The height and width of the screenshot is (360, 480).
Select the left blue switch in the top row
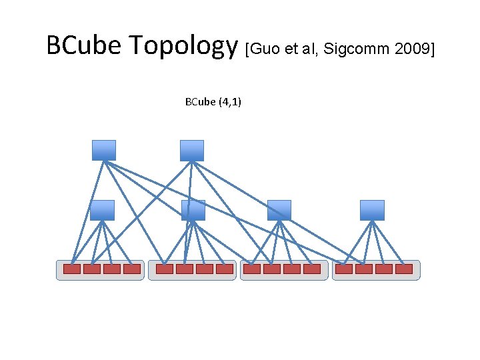103,150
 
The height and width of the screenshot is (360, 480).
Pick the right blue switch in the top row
191,150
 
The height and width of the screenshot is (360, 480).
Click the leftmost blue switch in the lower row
102,210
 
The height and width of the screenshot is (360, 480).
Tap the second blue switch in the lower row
193,210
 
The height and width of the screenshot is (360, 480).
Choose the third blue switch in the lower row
279,210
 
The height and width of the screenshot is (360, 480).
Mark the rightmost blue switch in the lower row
372,210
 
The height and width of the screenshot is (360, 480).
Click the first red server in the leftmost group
72,269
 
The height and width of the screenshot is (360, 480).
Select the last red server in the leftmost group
132,269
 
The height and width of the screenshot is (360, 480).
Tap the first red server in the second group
165,269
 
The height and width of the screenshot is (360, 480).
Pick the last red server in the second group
225,269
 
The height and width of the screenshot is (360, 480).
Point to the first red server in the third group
252,269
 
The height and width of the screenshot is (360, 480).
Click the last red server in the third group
312,269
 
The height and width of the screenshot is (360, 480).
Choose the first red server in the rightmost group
344,269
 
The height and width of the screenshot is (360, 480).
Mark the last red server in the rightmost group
404,269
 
